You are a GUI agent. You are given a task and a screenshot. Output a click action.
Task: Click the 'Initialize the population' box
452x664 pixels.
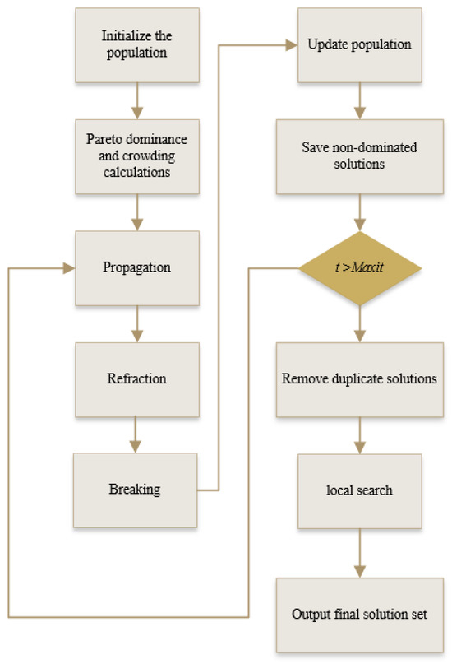[x=137, y=44]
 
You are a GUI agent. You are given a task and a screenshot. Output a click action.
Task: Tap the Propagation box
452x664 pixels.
[x=137, y=267]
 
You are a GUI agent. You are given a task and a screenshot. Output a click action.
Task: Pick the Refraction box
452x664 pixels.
[x=137, y=378]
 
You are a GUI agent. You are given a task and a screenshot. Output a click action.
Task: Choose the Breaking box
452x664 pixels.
[x=135, y=490]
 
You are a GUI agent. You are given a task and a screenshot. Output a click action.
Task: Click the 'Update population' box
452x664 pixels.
[x=358, y=44]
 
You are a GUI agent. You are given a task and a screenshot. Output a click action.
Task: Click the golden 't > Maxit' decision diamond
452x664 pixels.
[x=359, y=267]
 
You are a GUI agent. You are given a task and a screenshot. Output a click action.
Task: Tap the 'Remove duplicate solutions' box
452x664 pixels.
[x=359, y=379]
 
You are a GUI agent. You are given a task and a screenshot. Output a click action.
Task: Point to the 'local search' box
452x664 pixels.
[x=359, y=490]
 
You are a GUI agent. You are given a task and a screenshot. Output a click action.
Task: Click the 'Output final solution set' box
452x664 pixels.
[x=359, y=614]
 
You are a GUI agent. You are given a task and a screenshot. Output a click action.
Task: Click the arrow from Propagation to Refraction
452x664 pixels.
[x=137, y=323]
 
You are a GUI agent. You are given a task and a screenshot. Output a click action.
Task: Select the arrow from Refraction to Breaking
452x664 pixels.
[x=137, y=434]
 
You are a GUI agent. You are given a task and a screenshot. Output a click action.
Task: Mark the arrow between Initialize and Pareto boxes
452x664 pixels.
[x=137, y=99]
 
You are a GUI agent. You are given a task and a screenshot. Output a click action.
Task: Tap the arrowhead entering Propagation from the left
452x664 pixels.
[x=68, y=268]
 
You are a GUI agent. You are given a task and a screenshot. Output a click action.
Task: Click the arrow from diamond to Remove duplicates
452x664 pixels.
[x=359, y=323]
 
